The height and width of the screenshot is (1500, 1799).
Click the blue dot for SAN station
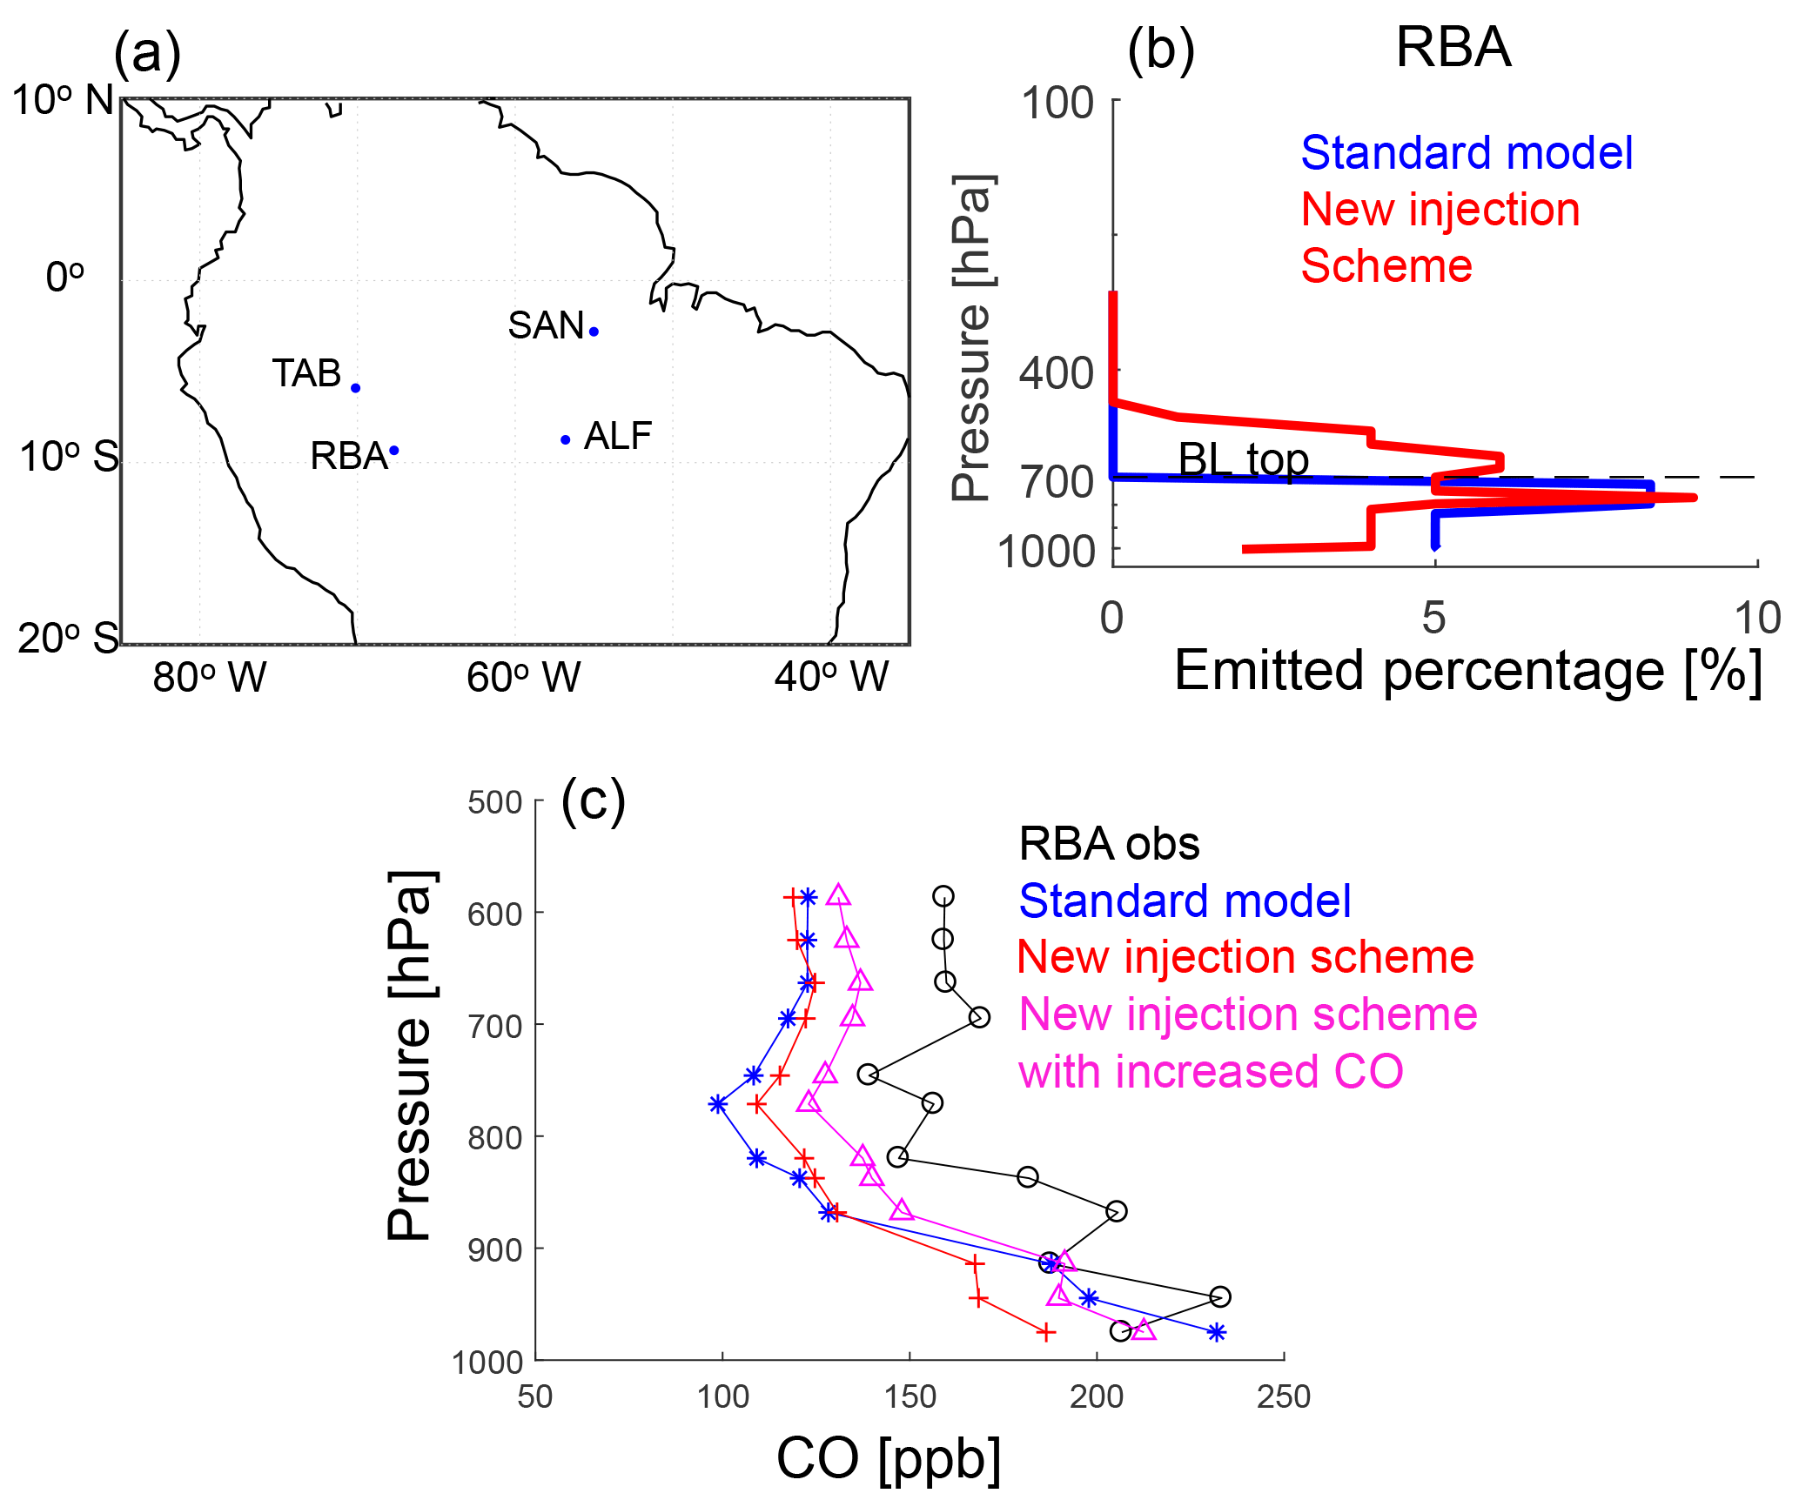coord(594,331)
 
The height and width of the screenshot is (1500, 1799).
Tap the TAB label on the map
coord(306,373)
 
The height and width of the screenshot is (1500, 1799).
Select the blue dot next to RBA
coord(394,450)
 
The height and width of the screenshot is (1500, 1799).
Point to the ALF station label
coord(618,436)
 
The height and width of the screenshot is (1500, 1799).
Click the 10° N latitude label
coord(63,101)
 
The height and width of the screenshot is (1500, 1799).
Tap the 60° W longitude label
coord(523,677)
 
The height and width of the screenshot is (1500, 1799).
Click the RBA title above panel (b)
coord(1453,47)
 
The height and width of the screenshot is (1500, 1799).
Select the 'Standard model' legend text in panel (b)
coord(1467,153)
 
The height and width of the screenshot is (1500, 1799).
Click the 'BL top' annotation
coord(1243,459)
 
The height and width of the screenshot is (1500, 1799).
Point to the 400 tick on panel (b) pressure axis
coord(1057,374)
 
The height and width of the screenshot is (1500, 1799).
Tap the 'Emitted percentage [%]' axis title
coord(1468,671)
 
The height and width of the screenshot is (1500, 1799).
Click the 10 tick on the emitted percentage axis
coord(1757,618)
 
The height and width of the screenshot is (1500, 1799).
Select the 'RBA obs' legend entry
coord(1109,843)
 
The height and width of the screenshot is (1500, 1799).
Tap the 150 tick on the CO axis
coord(910,1396)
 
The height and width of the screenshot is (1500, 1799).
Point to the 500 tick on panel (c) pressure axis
coord(495,801)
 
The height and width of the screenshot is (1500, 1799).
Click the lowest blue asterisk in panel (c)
coord(1217,1332)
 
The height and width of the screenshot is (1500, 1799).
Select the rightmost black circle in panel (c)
coord(1220,1296)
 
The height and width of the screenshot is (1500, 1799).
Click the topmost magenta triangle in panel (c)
coord(838,894)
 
